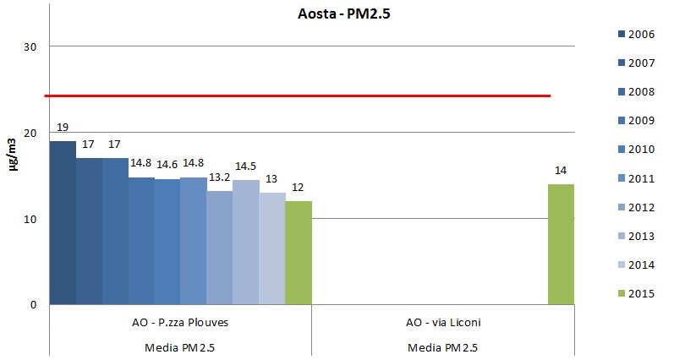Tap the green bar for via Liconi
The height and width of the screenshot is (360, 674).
(x=561, y=244)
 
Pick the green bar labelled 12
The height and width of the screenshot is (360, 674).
(x=299, y=253)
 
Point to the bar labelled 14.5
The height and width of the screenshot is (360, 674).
(x=246, y=242)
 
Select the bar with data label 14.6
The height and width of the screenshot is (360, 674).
(x=167, y=242)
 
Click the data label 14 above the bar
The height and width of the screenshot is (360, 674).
(x=561, y=171)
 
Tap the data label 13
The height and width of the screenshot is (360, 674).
(x=271, y=179)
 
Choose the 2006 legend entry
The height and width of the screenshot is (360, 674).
(x=636, y=34)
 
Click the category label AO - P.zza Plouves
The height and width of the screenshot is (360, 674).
(x=180, y=323)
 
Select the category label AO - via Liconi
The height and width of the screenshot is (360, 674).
(x=443, y=323)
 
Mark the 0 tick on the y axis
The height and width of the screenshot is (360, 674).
(x=32, y=305)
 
